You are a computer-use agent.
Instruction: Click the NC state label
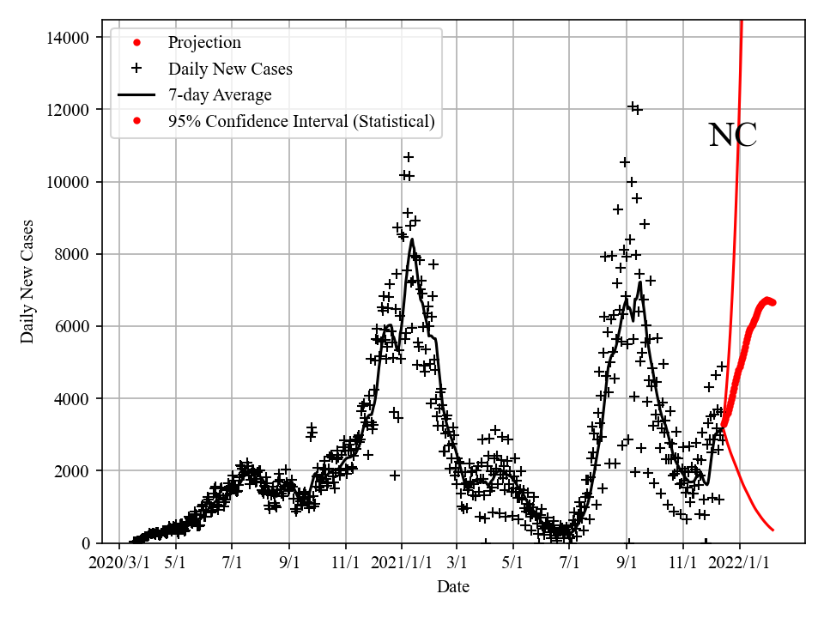click(x=732, y=136)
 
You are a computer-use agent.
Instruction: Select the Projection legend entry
click(x=204, y=43)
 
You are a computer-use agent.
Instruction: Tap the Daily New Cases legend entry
click(x=230, y=69)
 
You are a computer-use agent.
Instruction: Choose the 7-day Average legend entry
click(x=220, y=95)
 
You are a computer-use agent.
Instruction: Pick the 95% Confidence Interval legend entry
click(x=301, y=122)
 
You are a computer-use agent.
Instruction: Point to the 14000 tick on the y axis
click(x=68, y=37)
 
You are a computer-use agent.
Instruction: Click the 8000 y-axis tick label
click(x=72, y=254)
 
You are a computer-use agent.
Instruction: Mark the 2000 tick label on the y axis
click(x=72, y=470)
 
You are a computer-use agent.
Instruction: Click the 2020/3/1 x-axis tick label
click(x=119, y=563)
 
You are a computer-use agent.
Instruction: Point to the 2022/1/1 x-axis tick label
click(x=740, y=563)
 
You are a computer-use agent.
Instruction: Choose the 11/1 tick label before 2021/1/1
click(x=345, y=563)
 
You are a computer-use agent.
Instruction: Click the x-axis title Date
click(x=453, y=587)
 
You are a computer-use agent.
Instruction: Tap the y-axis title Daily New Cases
click(x=28, y=282)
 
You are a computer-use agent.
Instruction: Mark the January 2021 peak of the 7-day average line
click(x=412, y=239)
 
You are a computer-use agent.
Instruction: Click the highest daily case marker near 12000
click(x=633, y=106)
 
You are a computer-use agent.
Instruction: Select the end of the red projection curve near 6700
click(x=772, y=302)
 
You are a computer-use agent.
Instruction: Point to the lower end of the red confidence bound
click(x=773, y=530)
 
